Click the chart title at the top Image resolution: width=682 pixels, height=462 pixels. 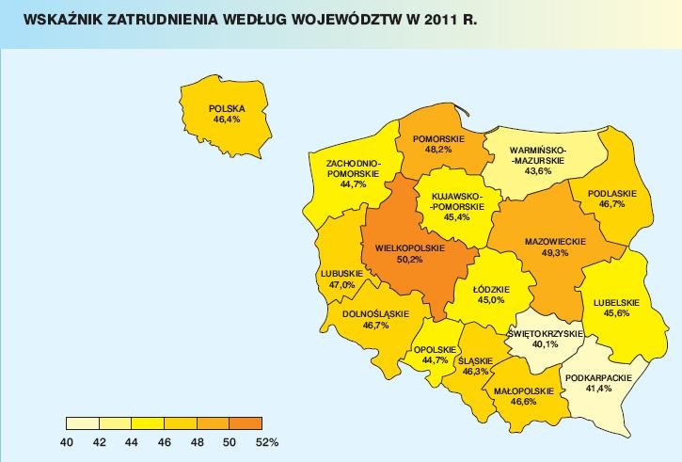tap(249, 19)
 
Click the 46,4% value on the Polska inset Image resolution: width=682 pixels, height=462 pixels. tap(226, 120)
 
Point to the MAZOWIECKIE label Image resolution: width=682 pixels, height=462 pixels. tap(555, 242)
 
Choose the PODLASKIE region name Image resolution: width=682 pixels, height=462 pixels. tap(611, 194)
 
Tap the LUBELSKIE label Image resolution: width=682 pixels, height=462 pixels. tap(616, 302)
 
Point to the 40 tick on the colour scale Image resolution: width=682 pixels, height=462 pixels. tap(67, 442)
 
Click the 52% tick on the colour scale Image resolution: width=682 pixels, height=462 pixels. tap(265, 442)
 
